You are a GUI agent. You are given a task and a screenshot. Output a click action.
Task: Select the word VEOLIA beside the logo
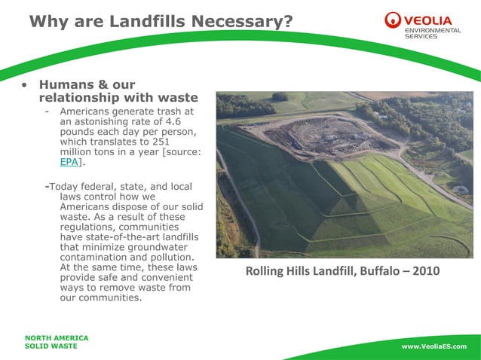(431, 19)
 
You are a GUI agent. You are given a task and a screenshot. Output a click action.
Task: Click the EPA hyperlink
(68, 162)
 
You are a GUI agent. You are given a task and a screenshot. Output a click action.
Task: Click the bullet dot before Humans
(26, 86)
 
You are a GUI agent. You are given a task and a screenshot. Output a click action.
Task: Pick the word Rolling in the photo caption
(267, 271)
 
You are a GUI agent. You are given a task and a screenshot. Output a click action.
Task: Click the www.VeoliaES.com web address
(434, 346)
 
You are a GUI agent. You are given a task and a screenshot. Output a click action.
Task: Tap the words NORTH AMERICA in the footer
(57, 338)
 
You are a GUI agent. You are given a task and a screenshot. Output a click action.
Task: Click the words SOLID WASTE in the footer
(51, 346)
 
